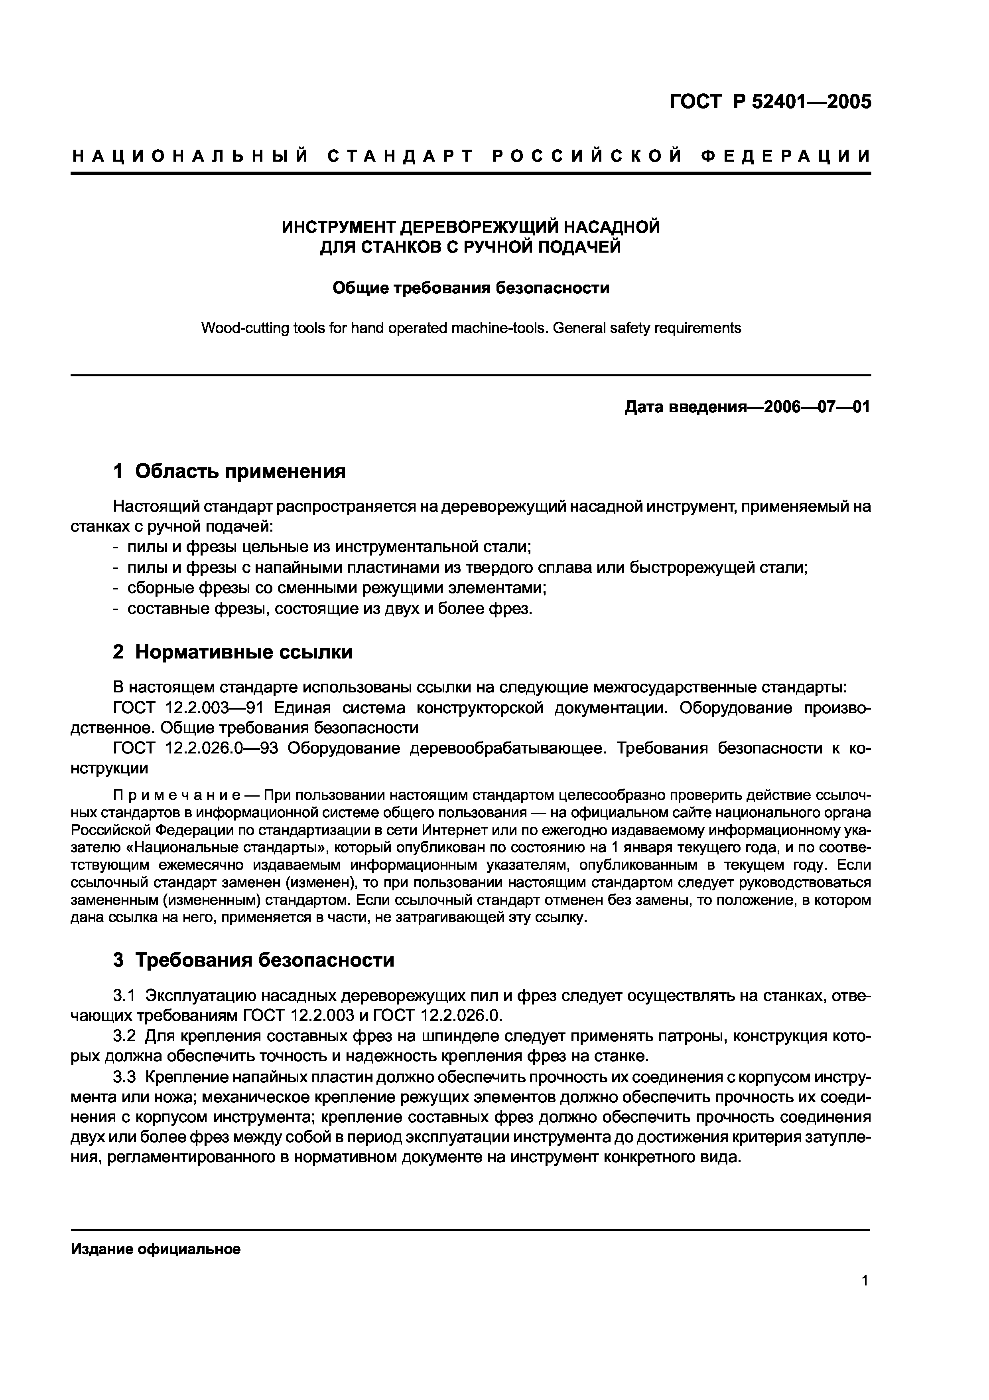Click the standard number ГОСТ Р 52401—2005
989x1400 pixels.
[x=770, y=102]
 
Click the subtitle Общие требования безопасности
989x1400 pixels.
[x=471, y=288]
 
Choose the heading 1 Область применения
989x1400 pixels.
[x=229, y=471]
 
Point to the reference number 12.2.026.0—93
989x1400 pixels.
[x=221, y=748]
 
